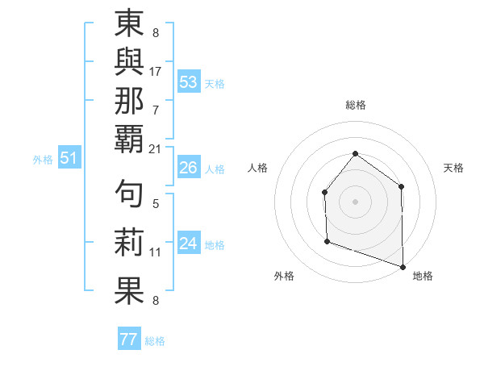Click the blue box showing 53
(188, 82)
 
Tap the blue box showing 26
(188, 168)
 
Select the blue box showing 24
(188, 244)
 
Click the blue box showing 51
(69, 159)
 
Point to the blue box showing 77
(128, 339)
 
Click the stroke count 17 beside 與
(156, 71)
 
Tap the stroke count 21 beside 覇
(156, 148)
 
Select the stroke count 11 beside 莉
(156, 252)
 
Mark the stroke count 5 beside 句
(156, 204)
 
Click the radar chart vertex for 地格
(402, 265)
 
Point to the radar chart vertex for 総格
(355, 153)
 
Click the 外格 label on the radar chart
(284, 277)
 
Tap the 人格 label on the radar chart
(257, 168)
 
